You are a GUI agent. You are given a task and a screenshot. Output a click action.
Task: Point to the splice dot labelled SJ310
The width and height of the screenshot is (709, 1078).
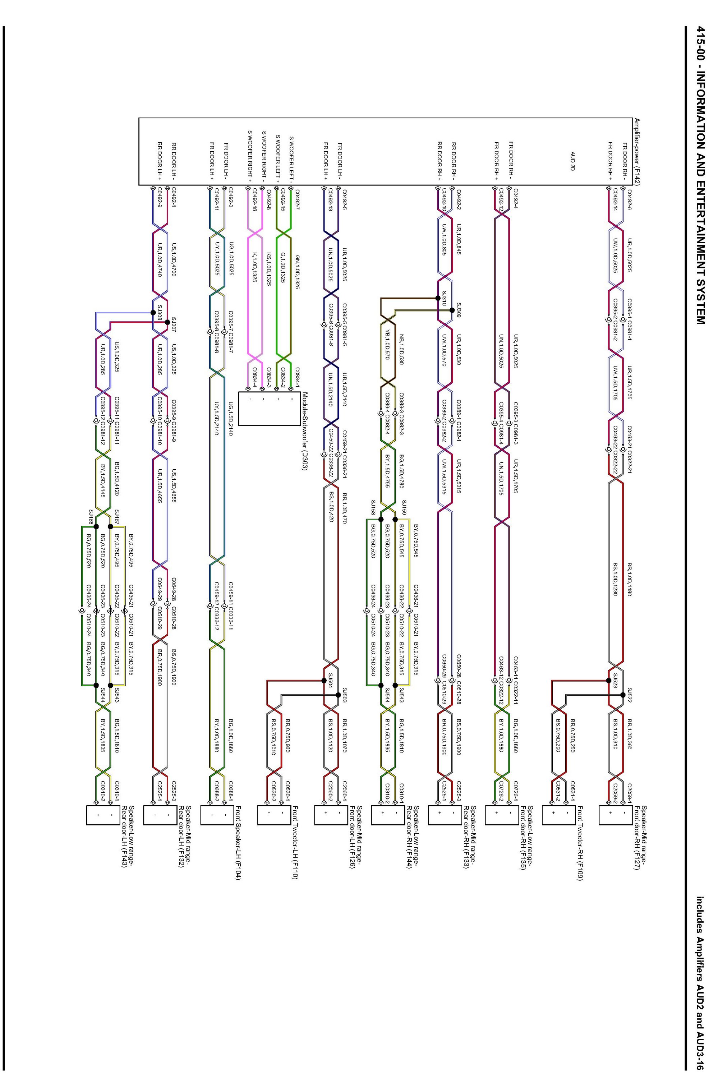pyautogui.click(x=438, y=298)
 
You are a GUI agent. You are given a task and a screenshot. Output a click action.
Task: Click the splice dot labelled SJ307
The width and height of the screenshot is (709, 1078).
pyautogui.click(x=167, y=322)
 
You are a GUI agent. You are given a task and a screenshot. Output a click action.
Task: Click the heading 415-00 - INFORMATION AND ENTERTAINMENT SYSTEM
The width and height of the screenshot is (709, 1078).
pyautogui.click(x=700, y=175)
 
